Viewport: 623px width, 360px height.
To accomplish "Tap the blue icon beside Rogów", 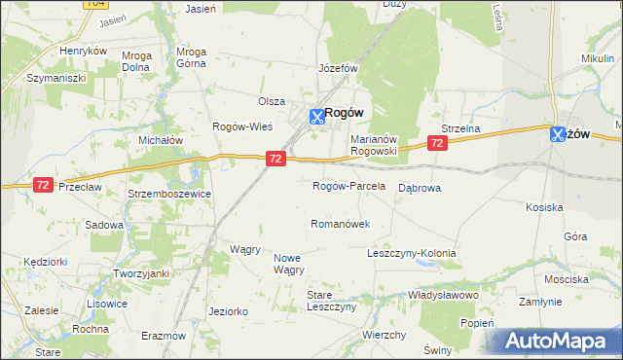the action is click(x=316, y=117).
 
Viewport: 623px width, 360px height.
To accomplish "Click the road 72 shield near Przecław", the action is click(x=42, y=184).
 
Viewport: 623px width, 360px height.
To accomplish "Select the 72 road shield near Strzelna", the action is click(x=437, y=143).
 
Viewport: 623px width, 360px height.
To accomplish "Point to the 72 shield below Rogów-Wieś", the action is click(x=275, y=159).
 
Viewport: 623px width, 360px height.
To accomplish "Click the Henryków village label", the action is click(x=83, y=51).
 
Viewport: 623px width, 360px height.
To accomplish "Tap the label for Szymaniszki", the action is click(x=56, y=77).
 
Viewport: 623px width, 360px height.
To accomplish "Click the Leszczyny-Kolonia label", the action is click(x=411, y=253).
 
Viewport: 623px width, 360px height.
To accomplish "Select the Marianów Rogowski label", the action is click(x=375, y=145).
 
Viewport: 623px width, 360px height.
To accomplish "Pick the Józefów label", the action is click(x=339, y=70).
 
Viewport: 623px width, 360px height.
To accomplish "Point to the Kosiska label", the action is click(x=544, y=207).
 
